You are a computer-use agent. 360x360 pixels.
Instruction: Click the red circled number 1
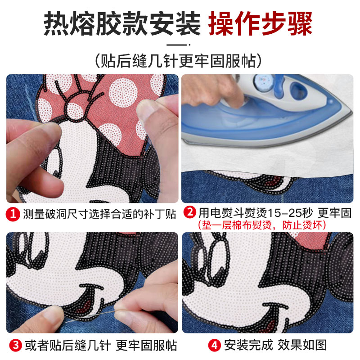[13, 214]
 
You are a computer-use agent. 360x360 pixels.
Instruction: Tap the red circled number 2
[190, 212]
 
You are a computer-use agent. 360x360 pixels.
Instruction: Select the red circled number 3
[16, 345]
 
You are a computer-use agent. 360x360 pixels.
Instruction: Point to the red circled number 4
[215, 345]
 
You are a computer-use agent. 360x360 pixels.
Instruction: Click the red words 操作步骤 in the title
[261, 24]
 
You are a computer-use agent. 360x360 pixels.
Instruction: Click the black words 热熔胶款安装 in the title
[122, 24]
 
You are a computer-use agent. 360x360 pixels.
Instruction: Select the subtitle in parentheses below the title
[178, 61]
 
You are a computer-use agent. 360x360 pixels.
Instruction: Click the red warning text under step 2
[262, 225]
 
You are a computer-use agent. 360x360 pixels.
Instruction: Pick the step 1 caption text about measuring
[99, 214]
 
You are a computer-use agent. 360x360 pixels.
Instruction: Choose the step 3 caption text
[100, 345]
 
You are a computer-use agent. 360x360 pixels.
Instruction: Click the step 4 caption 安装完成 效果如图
[275, 345]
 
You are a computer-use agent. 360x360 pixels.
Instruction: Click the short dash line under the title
[178, 45]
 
